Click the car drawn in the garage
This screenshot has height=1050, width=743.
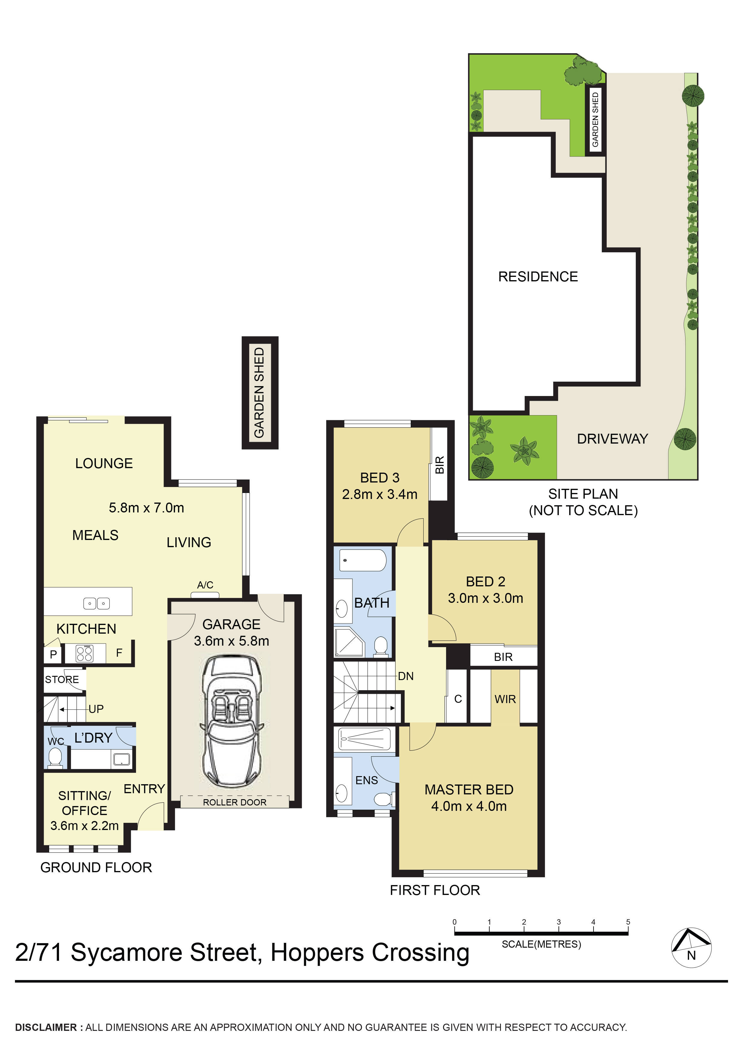click(232, 723)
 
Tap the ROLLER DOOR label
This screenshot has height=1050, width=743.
click(234, 802)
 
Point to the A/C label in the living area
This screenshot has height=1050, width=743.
click(205, 585)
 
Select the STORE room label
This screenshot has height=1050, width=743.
click(62, 679)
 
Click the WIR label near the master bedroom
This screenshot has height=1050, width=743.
click(505, 699)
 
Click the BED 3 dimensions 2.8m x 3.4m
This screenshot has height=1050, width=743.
click(380, 494)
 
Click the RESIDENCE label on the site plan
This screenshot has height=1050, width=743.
click(538, 277)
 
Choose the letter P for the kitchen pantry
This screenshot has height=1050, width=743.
click(53, 654)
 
